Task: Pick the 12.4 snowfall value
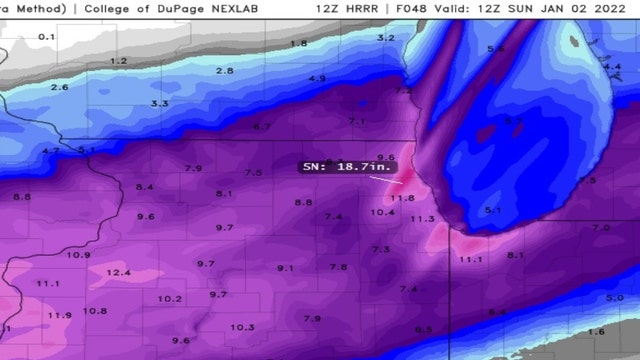click(118, 272)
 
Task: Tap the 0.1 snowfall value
click(47, 37)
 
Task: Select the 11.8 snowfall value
click(402, 198)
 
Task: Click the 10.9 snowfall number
click(78, 254)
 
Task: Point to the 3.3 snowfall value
click(159, 104)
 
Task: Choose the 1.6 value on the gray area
click(596, 331)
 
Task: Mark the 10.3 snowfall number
click(242, 327)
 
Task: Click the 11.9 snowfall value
click(60, 315)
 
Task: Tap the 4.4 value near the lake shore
click(613, 67)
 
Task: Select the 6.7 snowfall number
click(262, 127)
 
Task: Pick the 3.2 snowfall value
click(386, 37)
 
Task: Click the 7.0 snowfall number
click(600, 228)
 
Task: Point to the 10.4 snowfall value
click(382, 212)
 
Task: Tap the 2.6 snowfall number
click(59, 87)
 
